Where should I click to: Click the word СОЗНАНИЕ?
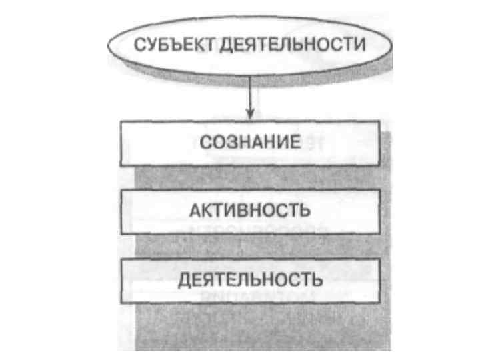(251, 143)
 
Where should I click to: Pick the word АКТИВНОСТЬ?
(249, 211)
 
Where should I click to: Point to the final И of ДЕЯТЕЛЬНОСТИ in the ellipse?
(362, 46)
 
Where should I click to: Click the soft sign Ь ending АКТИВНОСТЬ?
(304, 211)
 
